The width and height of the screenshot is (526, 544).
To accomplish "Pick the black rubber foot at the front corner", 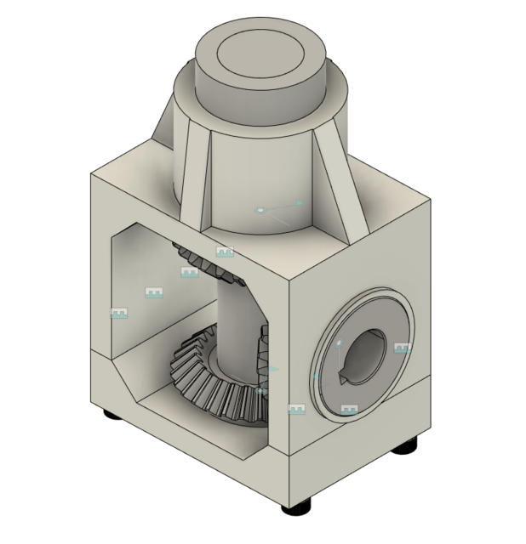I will [297, 507].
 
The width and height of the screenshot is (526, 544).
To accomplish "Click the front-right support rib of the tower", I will [340, 183].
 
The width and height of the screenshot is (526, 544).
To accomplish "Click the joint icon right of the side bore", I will [402, 348].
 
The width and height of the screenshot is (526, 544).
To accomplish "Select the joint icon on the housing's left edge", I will [118, 314].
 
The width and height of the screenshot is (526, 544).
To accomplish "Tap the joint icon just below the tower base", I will [225, 252].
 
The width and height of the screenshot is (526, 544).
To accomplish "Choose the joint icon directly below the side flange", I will [348, 410].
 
